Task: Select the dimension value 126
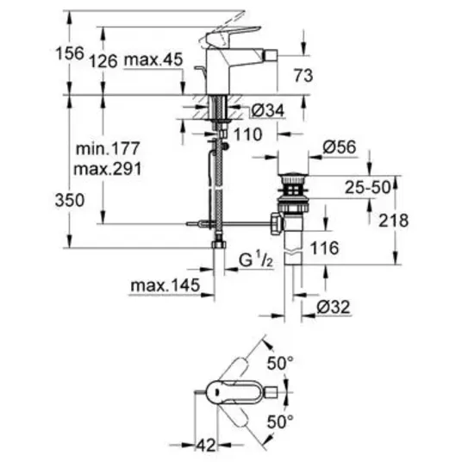(103, 61)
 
